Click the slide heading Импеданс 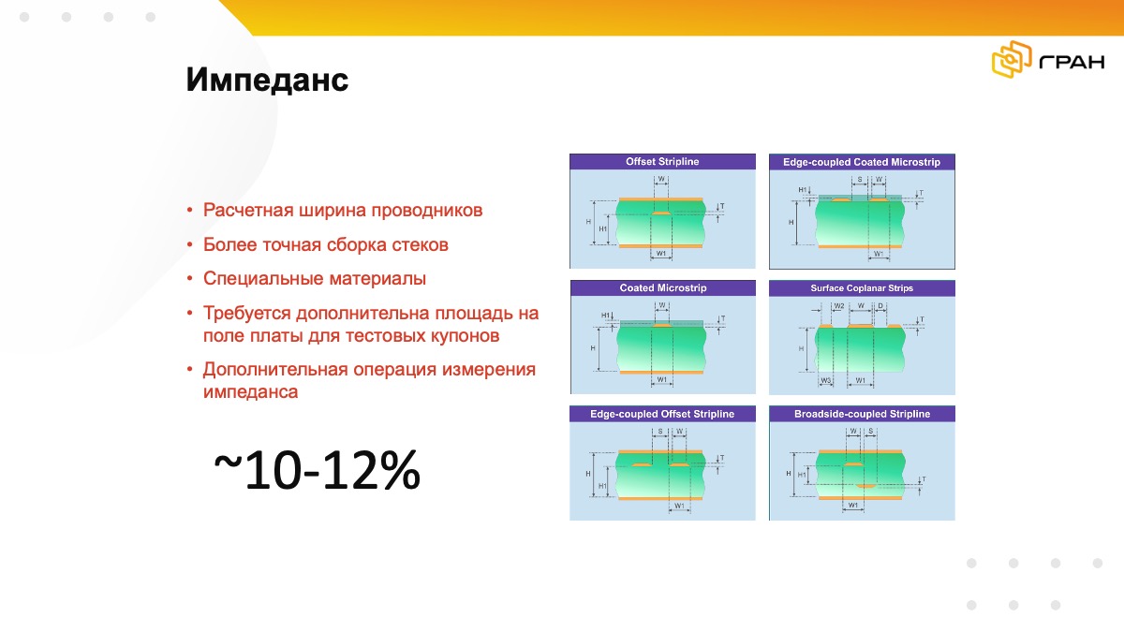coord(267,81)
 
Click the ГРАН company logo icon coord(1012,62)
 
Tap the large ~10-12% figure coord(317,471)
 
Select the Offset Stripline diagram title coord(662,162)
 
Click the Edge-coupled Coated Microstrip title coord(861,162)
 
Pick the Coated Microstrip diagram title coord(662,288)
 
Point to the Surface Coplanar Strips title coord(861,288)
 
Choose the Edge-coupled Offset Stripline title coord(662,414)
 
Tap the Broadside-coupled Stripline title coord(861,414)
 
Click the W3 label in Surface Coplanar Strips coord(826,381)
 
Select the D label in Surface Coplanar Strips coord(881,306)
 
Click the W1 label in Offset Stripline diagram coord(661,254)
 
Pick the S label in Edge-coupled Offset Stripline coord(660,432)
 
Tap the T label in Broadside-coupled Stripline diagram coord(924,479)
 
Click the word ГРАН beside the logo coord(1072,63)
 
